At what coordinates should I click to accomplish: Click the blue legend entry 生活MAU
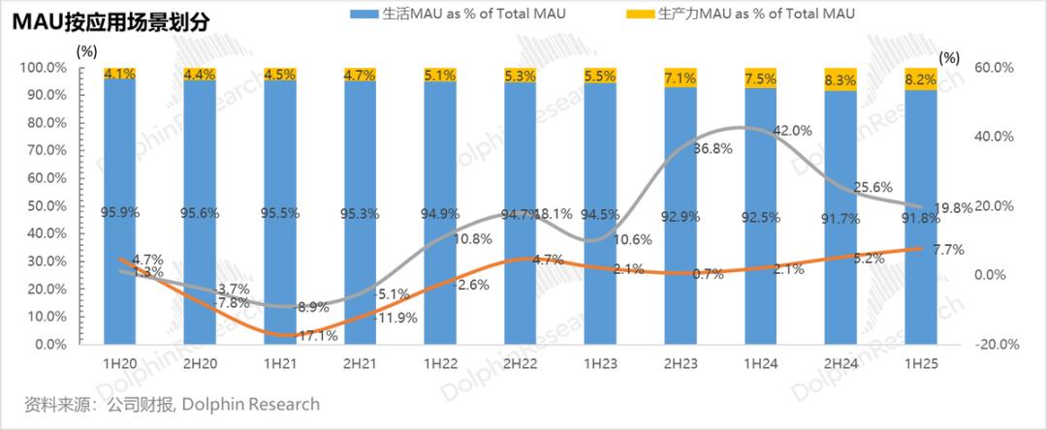(x=455, y=14)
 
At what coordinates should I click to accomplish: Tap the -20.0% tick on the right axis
(x=990, y=345)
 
